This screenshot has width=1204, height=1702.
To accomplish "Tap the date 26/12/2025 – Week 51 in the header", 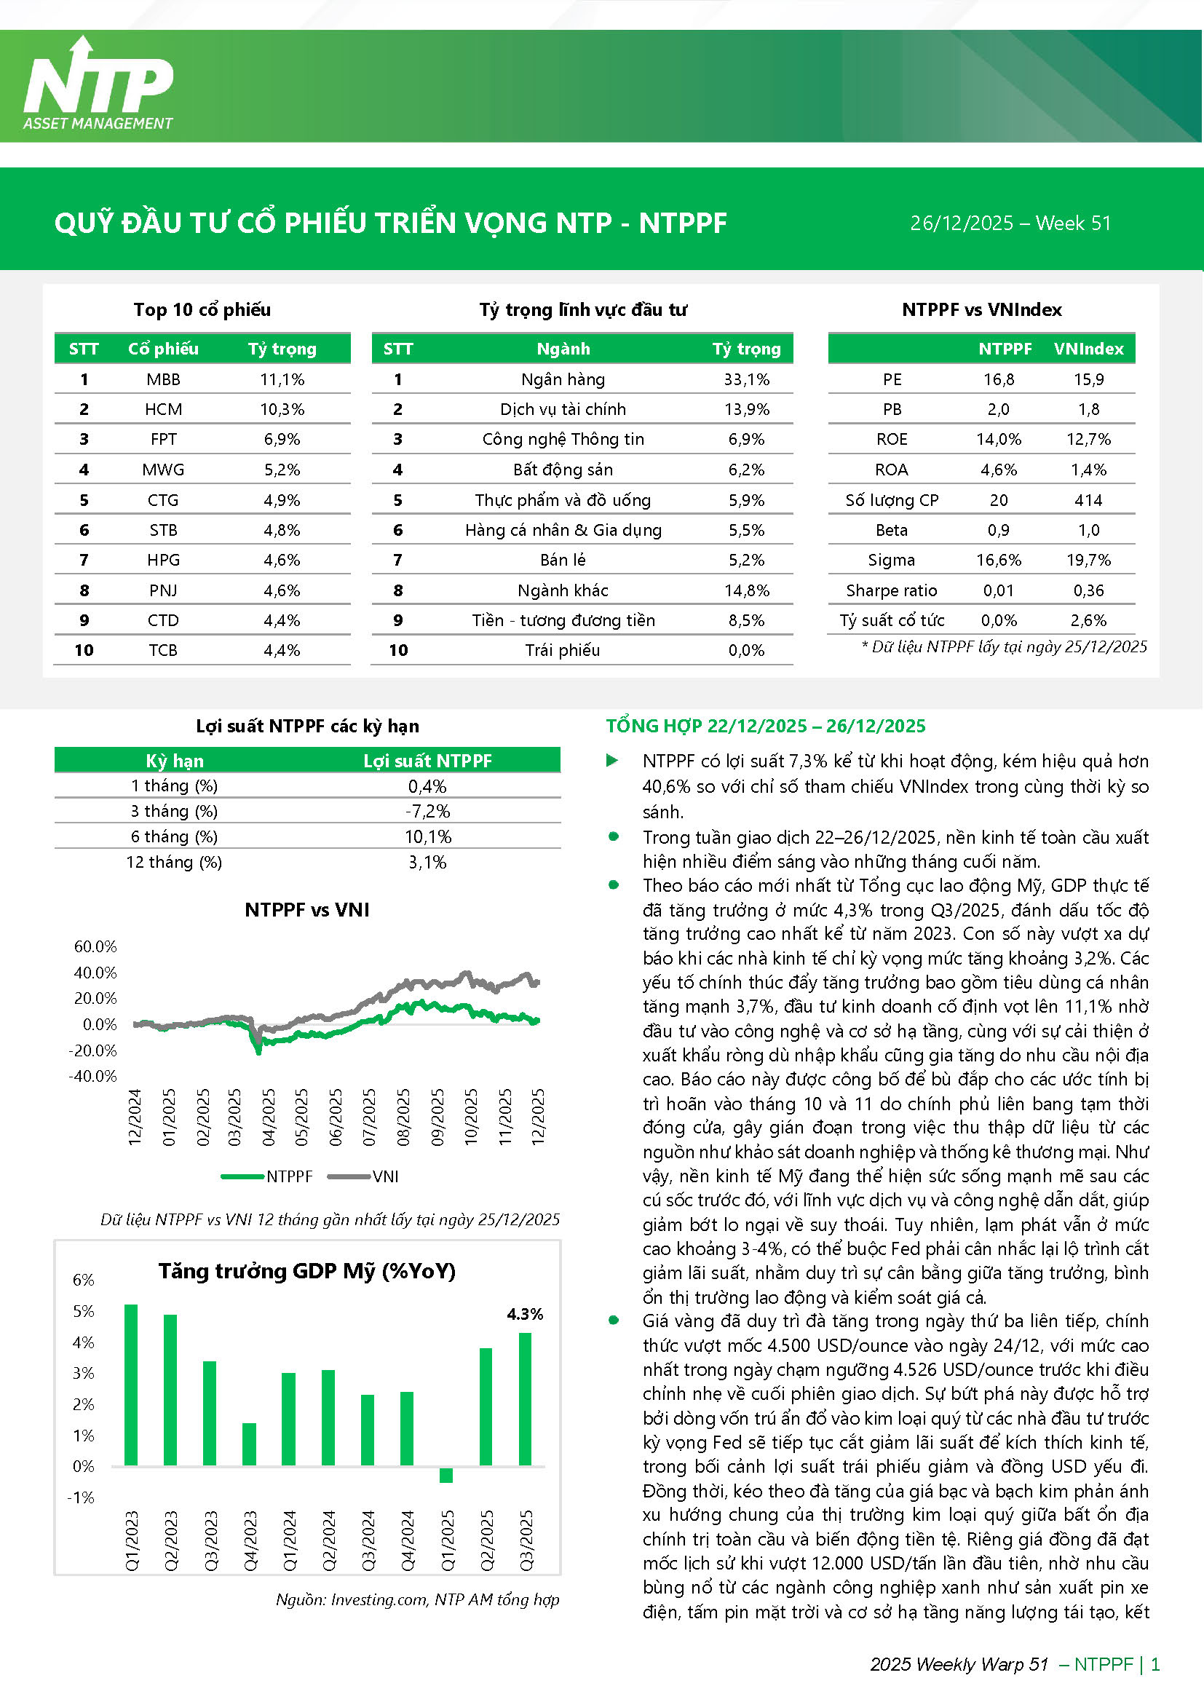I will [1010, 223].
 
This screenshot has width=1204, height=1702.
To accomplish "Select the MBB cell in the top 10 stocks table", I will [163, 379].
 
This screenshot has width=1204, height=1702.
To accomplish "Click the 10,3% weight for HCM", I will [282, 409].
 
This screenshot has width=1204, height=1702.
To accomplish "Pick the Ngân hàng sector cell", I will [563, 379].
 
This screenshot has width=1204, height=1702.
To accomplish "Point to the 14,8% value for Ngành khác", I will [747, 591].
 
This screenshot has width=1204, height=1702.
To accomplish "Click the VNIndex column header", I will [1088, 349].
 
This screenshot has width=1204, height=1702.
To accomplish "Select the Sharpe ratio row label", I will [891, 591].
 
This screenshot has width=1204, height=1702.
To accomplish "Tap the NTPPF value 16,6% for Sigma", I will [998, 561].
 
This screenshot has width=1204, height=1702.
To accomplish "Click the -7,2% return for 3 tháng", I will [427, 812].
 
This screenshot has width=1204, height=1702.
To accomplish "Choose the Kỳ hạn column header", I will [174, 761].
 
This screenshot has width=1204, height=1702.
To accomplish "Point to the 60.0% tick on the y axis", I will [95, 946].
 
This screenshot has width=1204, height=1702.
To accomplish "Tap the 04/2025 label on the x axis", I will [269, 1117].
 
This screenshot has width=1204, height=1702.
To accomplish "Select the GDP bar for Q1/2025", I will [446, 1474].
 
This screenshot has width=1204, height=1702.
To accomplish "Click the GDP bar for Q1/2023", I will [131, 1385].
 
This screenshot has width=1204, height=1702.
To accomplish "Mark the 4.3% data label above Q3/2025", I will [525, 1314].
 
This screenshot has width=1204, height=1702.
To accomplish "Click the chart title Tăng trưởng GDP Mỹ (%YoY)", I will [307, 1271].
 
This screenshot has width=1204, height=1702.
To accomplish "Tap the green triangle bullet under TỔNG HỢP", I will [612, 761].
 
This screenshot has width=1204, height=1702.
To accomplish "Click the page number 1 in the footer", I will [1155, 1664].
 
